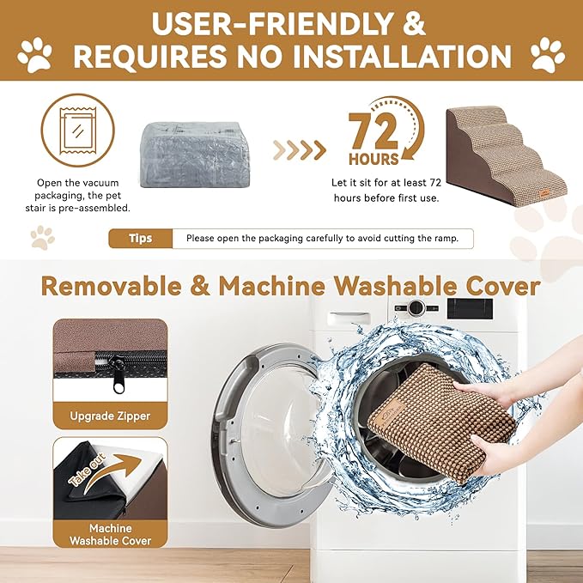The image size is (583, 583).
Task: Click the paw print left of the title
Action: [35, 53]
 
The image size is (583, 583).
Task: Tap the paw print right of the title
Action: [548, 53]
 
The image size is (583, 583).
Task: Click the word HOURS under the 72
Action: [373, 159]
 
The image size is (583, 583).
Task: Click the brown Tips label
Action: [140, 238]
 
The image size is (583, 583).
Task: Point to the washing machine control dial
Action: [416, 307]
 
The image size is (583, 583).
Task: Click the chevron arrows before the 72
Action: [300, 150]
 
